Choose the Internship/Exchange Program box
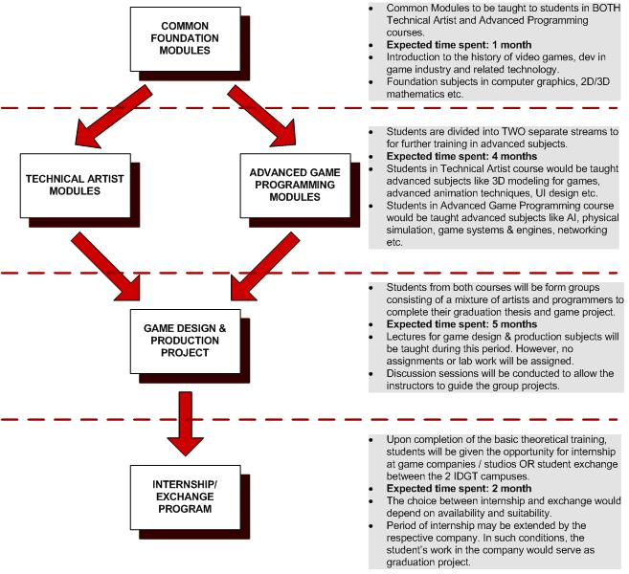tap(177, 504)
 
